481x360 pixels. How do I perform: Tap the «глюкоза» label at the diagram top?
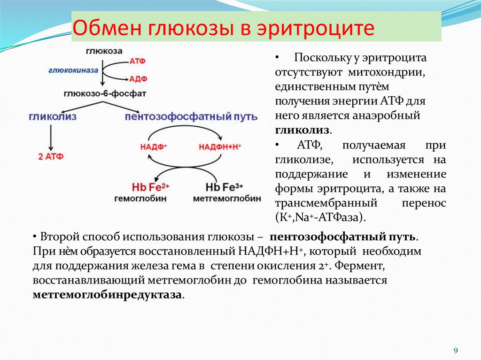(x=104, y=51)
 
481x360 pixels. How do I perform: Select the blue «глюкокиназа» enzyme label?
(x=73, y=70)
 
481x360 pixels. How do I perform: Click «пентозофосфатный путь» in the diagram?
(x=191, y=116)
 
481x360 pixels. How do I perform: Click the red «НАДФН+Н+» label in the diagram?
(x=220, y=146)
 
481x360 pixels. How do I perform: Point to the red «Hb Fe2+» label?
(x=150, y=187)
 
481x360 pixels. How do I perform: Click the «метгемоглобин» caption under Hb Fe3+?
(x=227, y=199)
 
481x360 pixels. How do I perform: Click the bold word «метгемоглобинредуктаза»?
(x=107, y=295)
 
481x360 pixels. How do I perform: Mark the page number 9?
(x=455, y=351)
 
